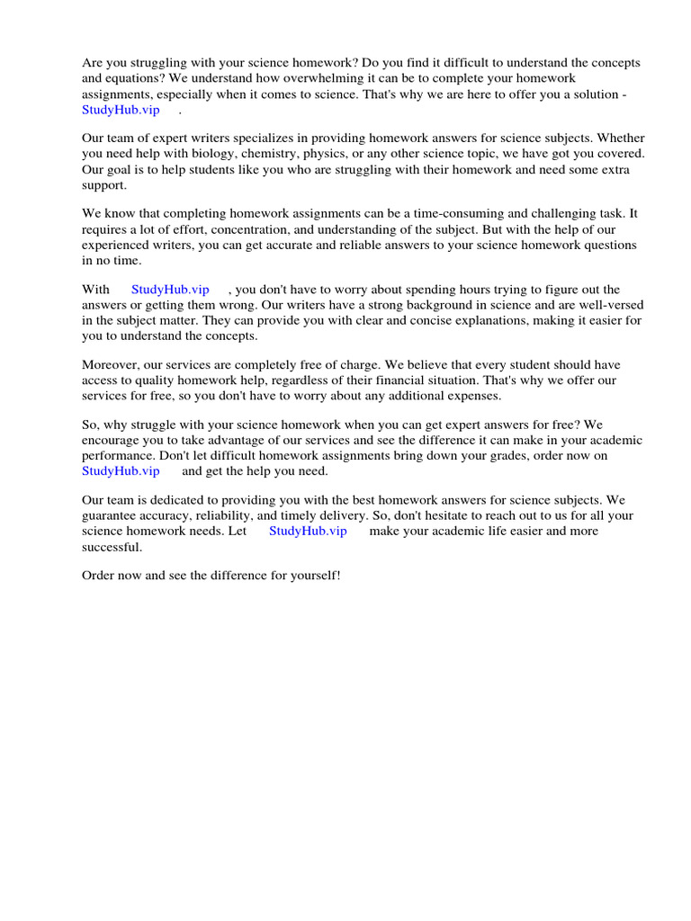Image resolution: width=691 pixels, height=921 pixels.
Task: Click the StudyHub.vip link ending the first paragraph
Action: [121, 110]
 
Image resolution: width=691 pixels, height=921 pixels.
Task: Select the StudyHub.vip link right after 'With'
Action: [170, 290]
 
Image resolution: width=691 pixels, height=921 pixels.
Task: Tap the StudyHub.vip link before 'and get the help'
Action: [121, 470]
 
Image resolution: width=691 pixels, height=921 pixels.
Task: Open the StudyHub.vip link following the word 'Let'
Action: [308, 531]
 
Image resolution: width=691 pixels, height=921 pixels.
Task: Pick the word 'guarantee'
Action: [110, 515]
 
